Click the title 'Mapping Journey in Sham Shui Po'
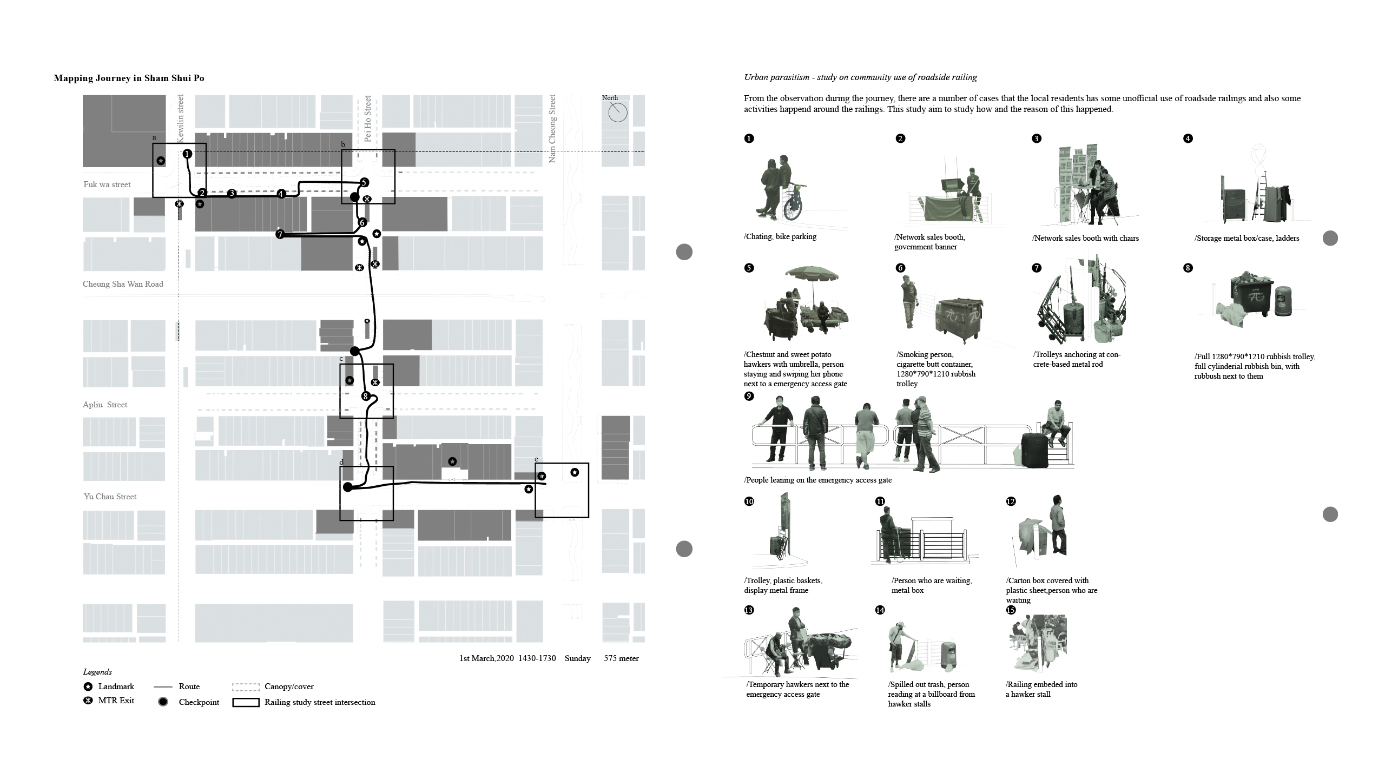click(x=129, y=78)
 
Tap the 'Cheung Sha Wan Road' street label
click(x=123, y=284)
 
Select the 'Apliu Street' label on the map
click(x=105, y=405)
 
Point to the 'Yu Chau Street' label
click(x=110, y=497)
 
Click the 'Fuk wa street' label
click(x=107, y=184)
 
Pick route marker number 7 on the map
click(x=280, y=234)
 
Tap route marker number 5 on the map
click(x=364, y=183)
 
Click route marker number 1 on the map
click(x=187, y=154)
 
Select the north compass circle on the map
click(x=618, y=113)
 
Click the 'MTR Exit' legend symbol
click(x=88, y=701)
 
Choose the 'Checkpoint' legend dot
click(x=163, y=702)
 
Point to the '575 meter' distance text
click(x=621, y=658)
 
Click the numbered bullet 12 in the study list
click(x=1011, y=501)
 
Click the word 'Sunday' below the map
click(x=578, y=658)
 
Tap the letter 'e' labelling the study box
click(x=536, y=460)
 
